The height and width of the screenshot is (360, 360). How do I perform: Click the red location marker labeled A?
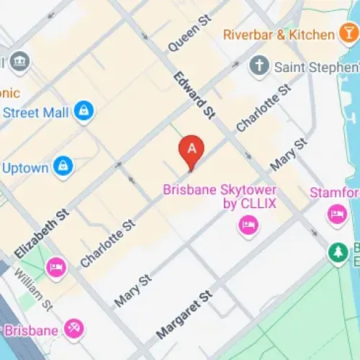click(192, 149)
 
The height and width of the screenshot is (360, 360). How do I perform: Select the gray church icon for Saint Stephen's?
click(258, 67)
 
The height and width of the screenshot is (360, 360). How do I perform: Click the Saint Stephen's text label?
click(315, 67)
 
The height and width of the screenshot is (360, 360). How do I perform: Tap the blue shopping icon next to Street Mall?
click(84, 112)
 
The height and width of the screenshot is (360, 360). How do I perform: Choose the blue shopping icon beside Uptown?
click(63, 167)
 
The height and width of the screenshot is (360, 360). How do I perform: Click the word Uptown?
click(25, 168)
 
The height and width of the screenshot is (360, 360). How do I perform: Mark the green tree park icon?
click(337, 253)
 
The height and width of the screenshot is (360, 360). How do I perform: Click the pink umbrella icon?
click(73, 330)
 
